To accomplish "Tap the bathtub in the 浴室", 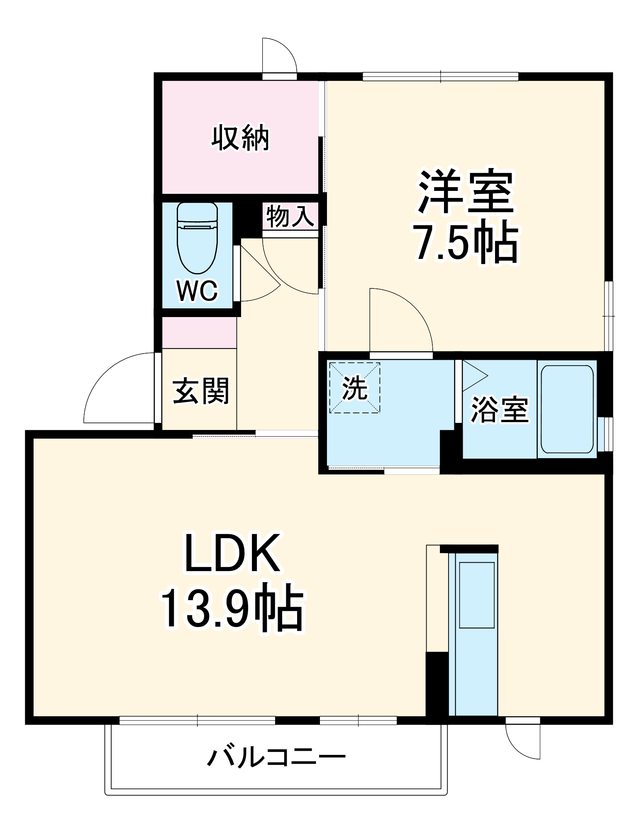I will pyautogui.click(x=567, y=409).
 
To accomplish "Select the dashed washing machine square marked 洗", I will pyautogui.click(x=354, y=388).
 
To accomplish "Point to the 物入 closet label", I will pyautogui.click(x=290, y=216).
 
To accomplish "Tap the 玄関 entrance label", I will pyautogui.click(x=201, y=391).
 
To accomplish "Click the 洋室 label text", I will pyautogui.click(x=466, y=192).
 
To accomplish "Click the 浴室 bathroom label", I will pyautogui.click(x=500, y=410).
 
